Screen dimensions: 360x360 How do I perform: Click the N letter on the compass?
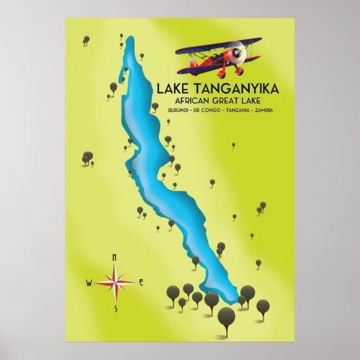pos(114,257)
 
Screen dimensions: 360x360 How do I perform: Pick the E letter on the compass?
pos(141,282)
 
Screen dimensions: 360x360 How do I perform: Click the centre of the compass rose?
pos(115,282)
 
